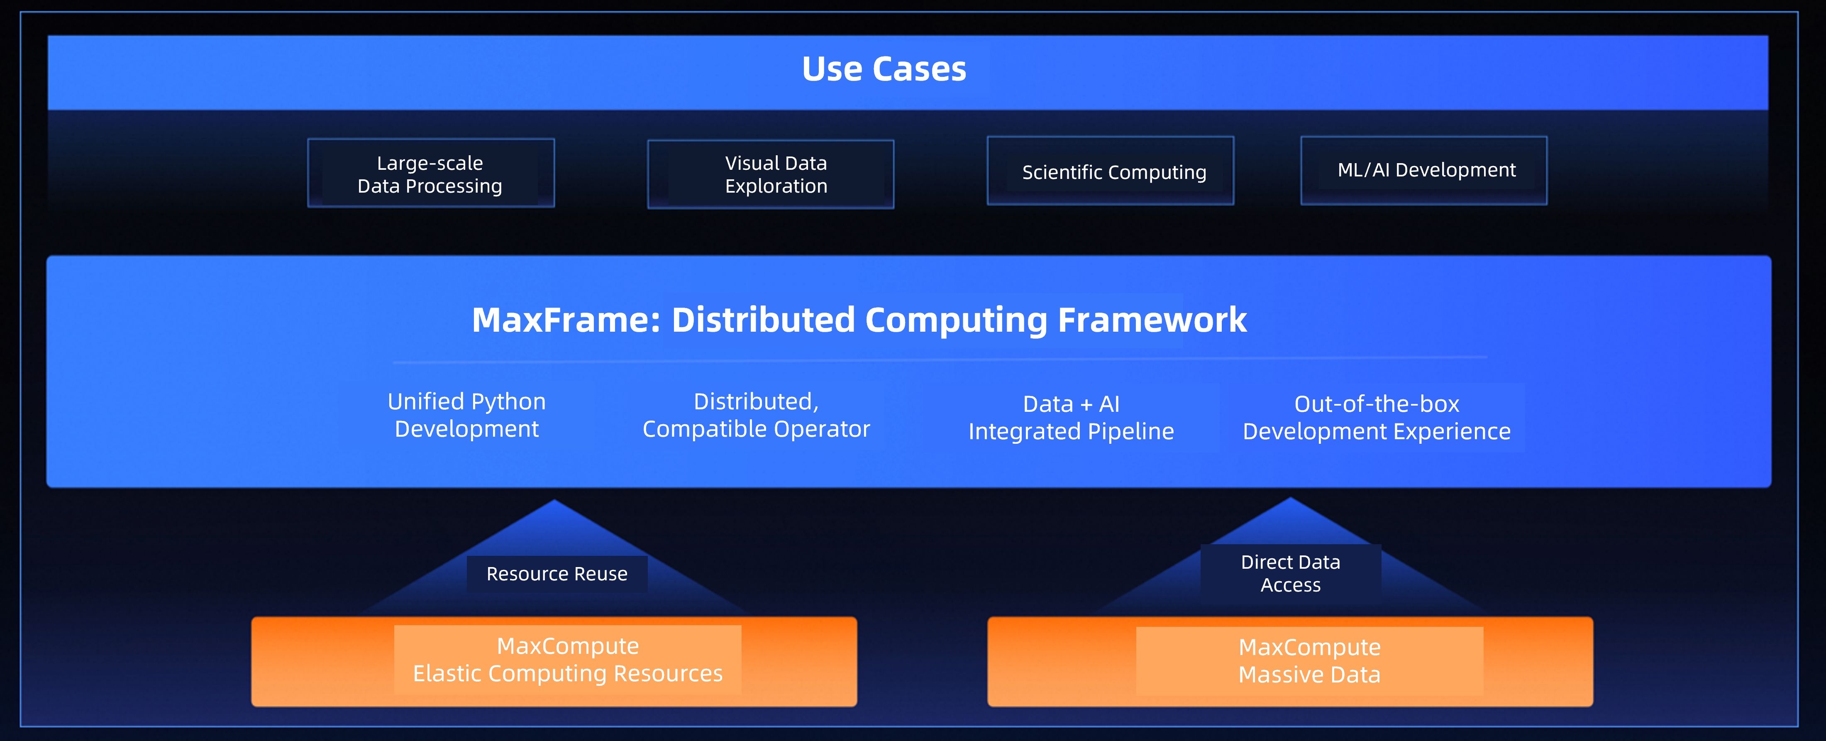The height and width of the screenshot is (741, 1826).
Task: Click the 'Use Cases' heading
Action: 884,69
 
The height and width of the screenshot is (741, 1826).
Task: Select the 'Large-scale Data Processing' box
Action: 430,174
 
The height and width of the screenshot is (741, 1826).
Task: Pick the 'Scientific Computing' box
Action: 1110,171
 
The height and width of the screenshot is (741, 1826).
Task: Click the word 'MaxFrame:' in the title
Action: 566,320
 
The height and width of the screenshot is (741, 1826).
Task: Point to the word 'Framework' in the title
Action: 1152,320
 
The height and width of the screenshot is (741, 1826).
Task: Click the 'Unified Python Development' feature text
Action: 466,415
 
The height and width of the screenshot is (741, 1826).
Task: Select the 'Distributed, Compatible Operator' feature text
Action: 756,415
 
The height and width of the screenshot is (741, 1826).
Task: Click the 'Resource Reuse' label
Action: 557,574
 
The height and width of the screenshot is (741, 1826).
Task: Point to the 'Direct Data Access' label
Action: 1290,573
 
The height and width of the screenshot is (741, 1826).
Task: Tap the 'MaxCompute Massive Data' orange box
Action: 1290,661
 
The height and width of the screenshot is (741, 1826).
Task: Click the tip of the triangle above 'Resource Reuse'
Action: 555,502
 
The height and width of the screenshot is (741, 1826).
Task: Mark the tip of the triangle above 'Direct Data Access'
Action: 1290,499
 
